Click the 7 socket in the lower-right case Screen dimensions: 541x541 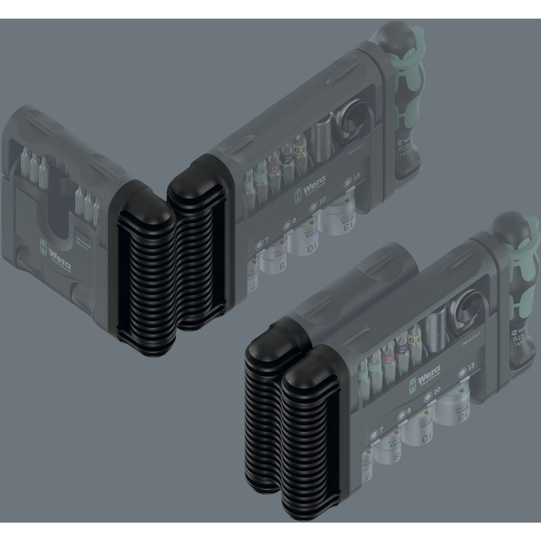point(374,462)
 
